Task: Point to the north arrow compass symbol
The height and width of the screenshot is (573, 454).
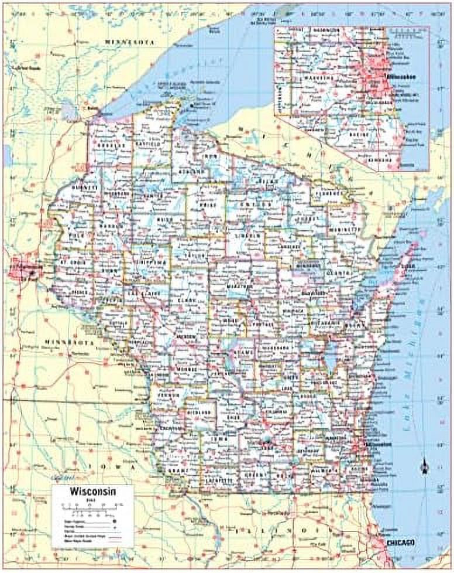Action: pyautogui.click(x=424, y=468)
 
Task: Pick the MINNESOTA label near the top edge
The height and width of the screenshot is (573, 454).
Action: pyautogui.click(x=129, y=43)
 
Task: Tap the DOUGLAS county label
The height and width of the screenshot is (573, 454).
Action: pyautogui.click(x=109, y=145)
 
